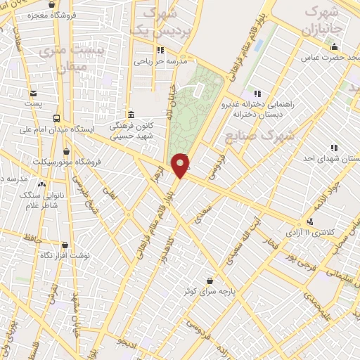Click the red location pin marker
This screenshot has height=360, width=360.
coord(181,165)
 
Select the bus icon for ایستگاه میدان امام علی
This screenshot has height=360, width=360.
coord(56,118)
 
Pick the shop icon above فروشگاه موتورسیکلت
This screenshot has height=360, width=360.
coord(66,151)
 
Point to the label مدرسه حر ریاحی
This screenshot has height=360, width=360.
coord(163,61)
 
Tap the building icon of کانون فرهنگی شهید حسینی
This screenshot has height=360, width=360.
coord(131,115)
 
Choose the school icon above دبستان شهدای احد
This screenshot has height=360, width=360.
coord(333,148)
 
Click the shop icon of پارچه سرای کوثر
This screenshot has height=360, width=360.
coord(209,279)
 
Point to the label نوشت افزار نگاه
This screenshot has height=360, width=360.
coord(65,255)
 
